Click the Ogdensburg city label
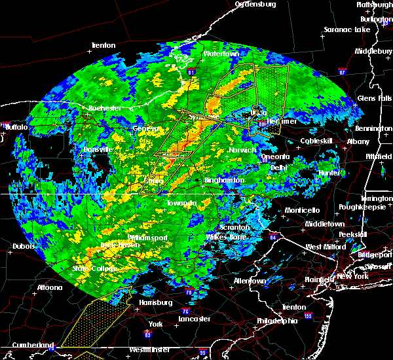tap(255, 4)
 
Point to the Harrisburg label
tap(156, 302)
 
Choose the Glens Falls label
tap(375, 98)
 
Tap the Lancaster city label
tap(195, 319)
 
